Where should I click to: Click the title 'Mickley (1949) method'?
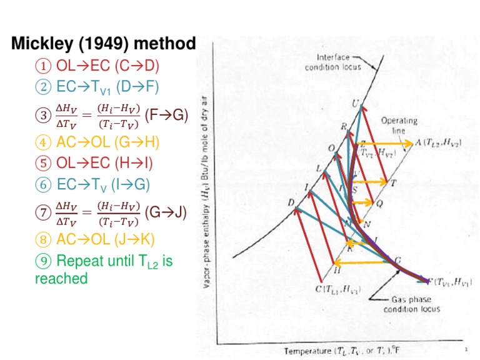pos(104,44)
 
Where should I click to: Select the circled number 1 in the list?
pos(44,66)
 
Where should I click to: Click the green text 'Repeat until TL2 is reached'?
pos(103,269)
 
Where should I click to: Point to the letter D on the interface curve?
pos(291,202)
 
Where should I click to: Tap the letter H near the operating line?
pos(337,271)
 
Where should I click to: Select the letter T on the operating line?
pos(392,183)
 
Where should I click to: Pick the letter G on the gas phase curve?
pos(398,261)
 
